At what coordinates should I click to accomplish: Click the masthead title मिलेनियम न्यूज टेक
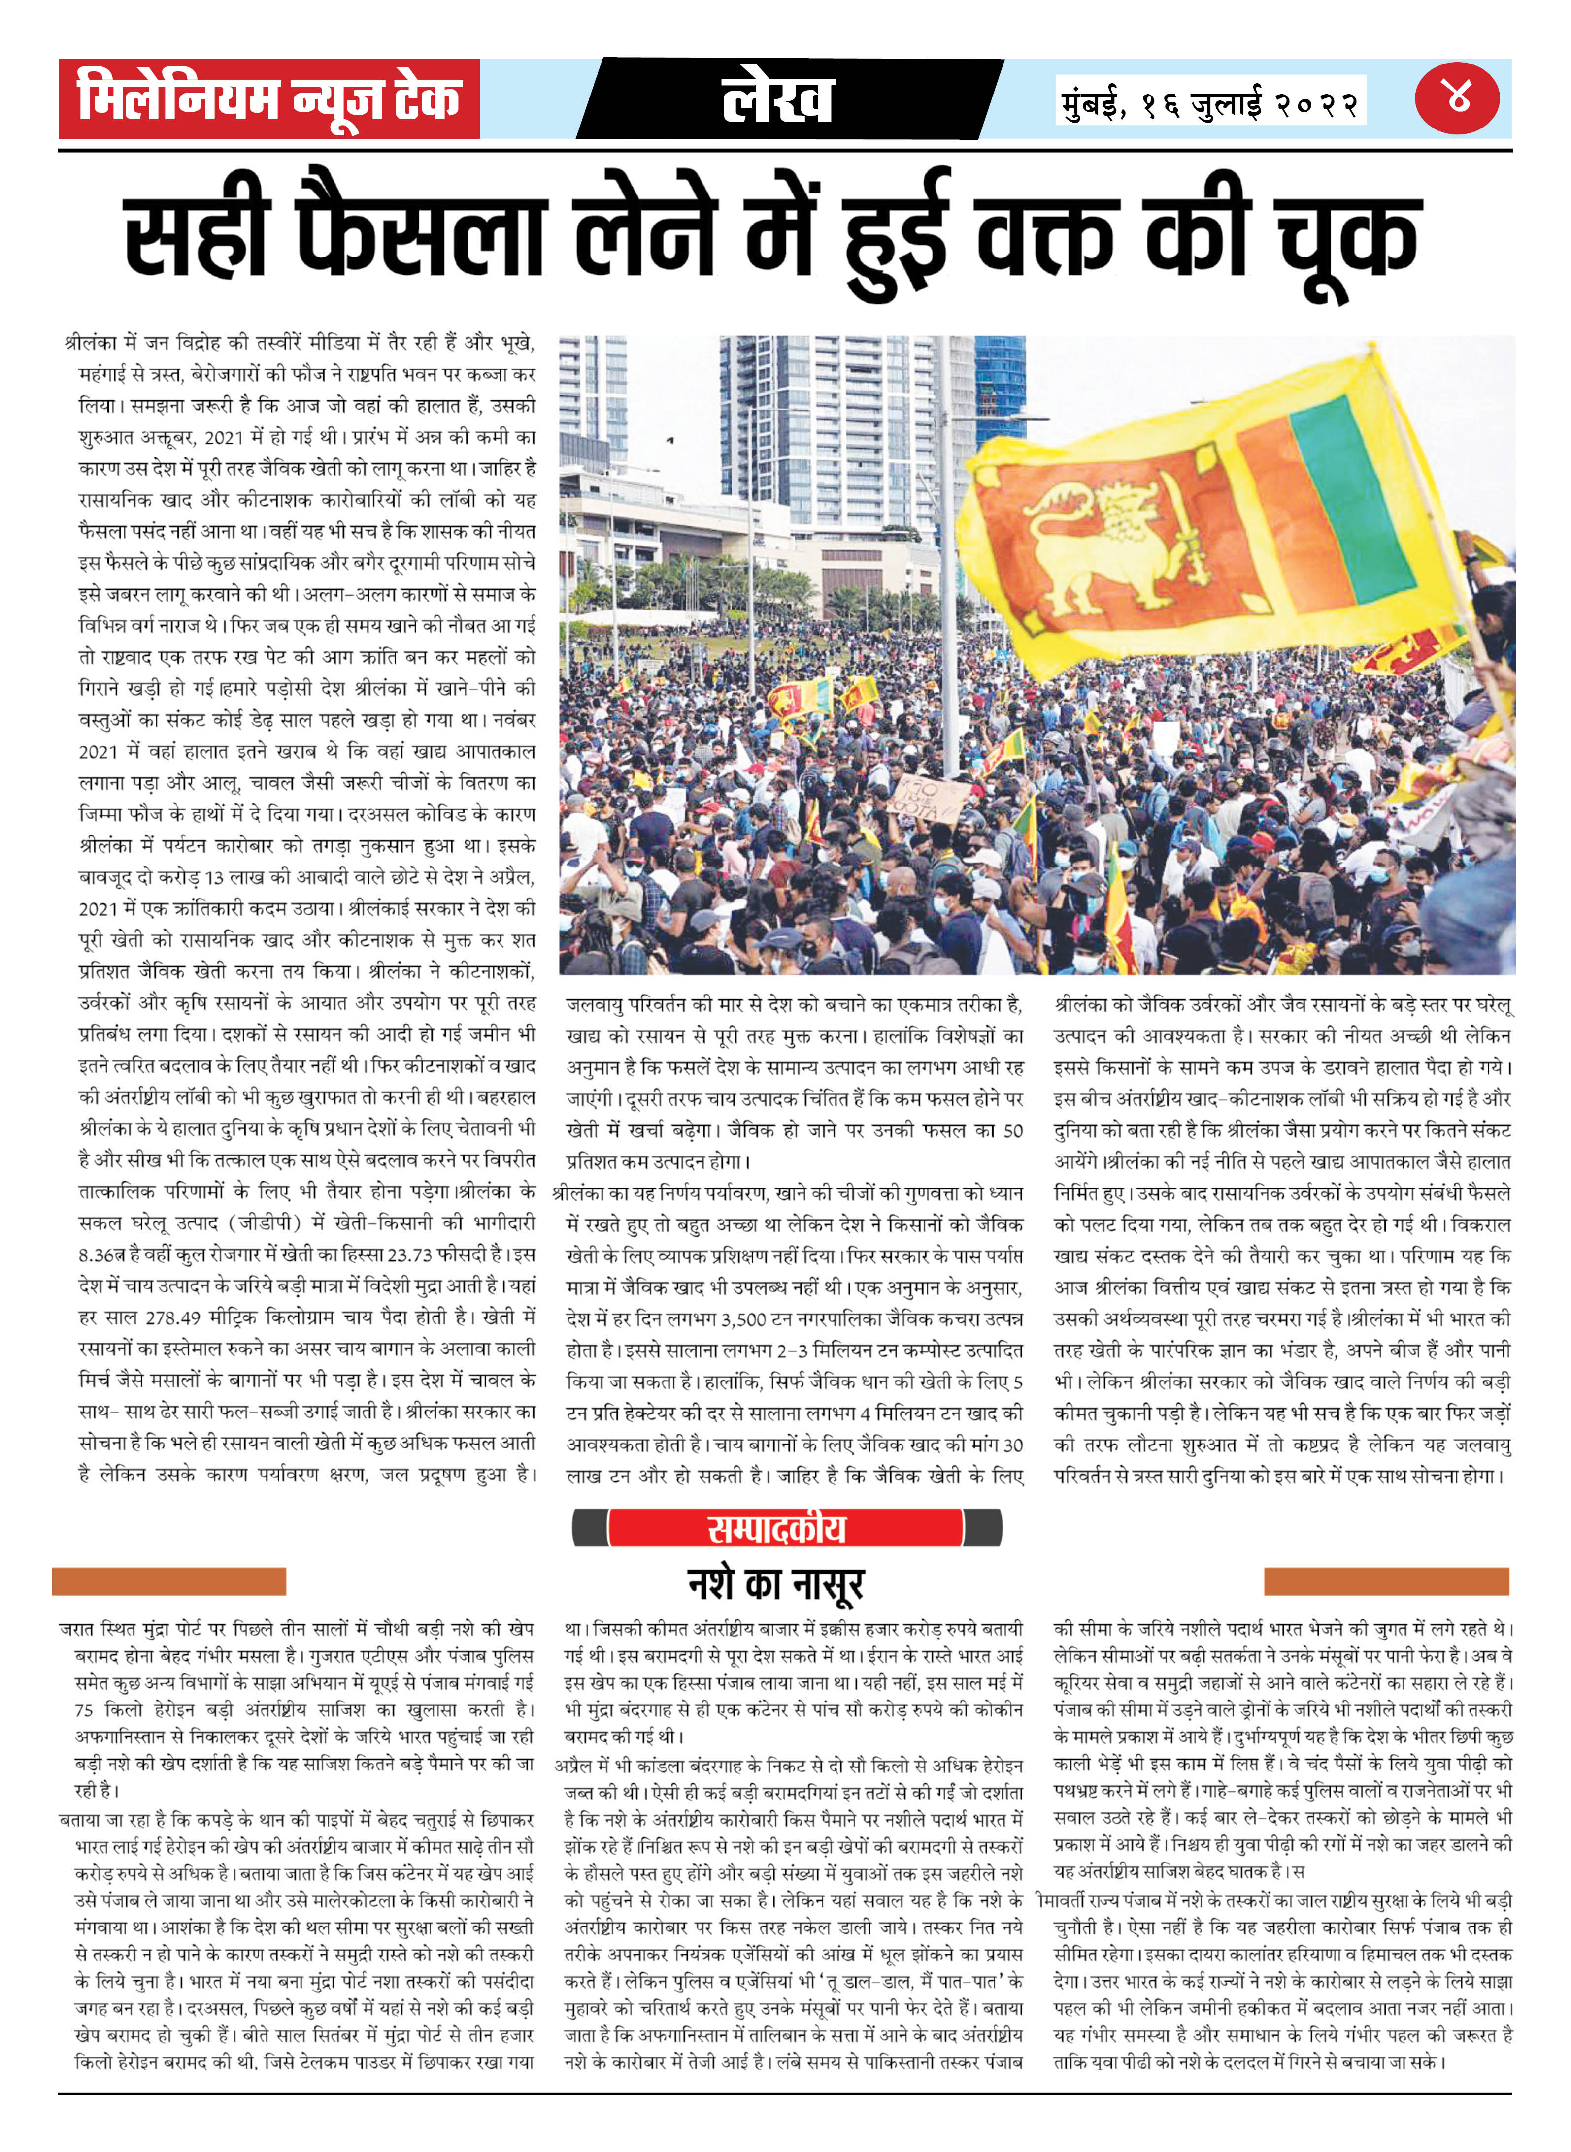(269, 99)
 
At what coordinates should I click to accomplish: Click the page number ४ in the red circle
(1457, 97)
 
